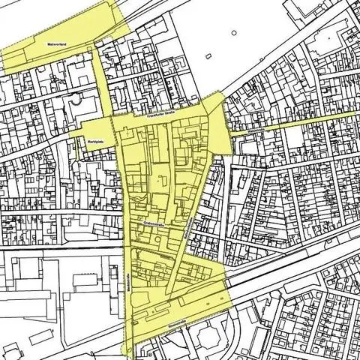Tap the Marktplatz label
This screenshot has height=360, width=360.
coord(95,140)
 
